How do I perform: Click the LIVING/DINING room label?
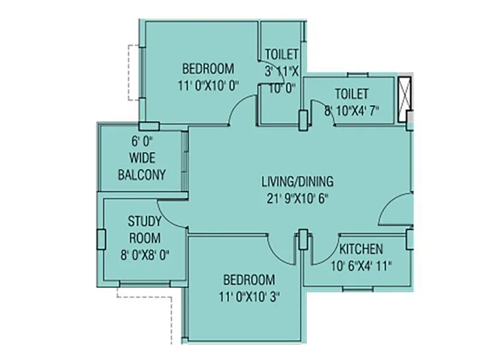click(298, 181)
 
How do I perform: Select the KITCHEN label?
click(361, 249)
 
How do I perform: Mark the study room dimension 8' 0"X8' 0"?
click(144, 253)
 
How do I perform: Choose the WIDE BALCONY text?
click(142, 167)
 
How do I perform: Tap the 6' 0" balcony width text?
click(142, 143)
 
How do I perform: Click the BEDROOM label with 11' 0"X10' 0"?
click(208, 68)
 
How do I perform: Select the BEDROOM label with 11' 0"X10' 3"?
click(249, 280)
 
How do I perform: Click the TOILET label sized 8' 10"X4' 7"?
click(352, 94)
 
